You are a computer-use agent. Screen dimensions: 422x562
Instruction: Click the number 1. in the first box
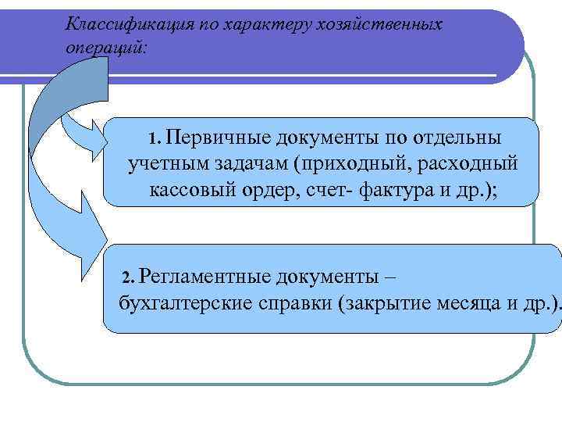pyautogui.click(x=154, y=140)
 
